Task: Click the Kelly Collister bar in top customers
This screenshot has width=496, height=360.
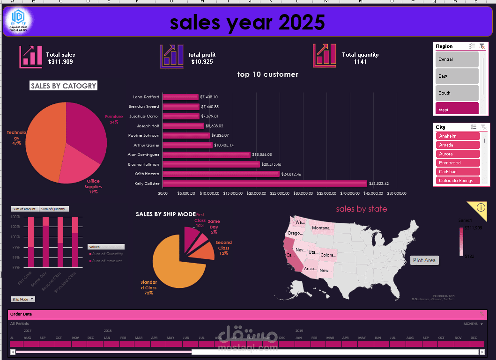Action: pyautogui.click(x=265, y=184)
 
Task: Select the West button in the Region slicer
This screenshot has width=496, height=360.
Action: pyautogui.click(x=457, y=109)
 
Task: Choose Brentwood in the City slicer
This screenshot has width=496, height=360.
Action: pyautogui.click(x=458, y=163)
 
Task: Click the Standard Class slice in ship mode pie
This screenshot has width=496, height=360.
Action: pyautogui.click(x=176, y=262)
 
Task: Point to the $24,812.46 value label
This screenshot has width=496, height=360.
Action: pyautogui.click(x=295, y=174)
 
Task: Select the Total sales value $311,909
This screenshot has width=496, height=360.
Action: pyautogui.click(x=60, y=62)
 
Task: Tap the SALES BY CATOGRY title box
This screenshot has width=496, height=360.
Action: pyautogui.click(x=63, y=86)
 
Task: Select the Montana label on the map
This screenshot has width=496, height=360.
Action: pyautogui.click(x=323, y=228)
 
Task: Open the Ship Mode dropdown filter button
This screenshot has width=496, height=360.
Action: pyautogui.click(x=22, y=299)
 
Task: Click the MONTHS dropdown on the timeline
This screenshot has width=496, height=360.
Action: pyautogui.click(x=474, y=324)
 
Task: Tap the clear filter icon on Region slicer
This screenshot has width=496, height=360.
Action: pyautogui.click(x=482, y=46)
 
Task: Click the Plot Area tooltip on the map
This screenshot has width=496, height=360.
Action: pyautogui.click(x=424, y=260)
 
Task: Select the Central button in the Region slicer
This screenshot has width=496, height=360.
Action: pyautogui.click(x=457, y=59)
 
